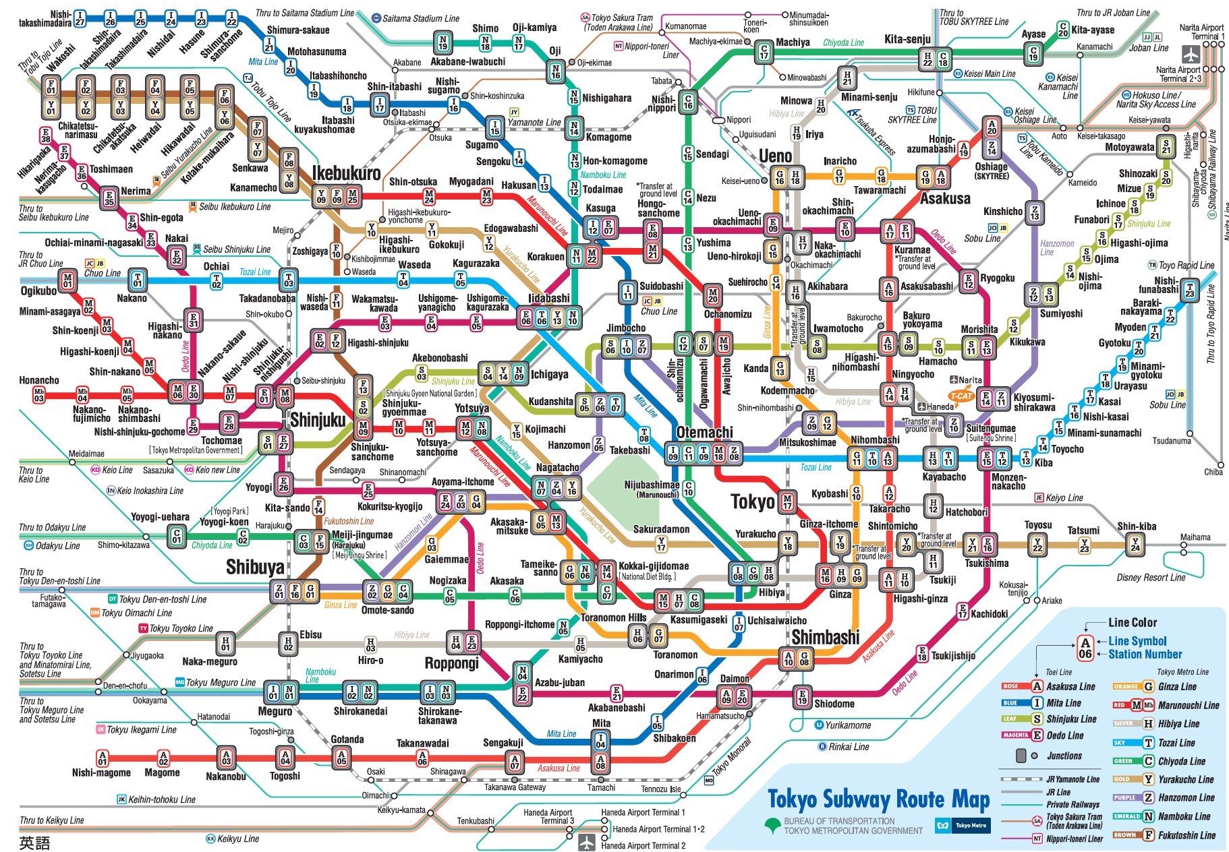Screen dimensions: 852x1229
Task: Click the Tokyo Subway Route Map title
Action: [x=878, y=800]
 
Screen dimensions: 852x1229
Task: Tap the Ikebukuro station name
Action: [x=346, y=173]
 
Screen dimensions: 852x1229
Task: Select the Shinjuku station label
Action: [x=318, y=421]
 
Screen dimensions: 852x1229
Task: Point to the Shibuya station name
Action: [x=255, y=568]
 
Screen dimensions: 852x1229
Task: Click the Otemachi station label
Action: [x=704, y=432]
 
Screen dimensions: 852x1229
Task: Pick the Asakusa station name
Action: [x=945, y=199]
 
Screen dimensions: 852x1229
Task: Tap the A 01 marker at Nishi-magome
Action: [x=102, y=758]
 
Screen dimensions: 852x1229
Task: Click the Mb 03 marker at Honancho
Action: [x=38, y=395]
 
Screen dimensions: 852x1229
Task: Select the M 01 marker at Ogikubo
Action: [x=67, y=279]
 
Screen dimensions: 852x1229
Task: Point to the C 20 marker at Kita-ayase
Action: [x=1063, y=30]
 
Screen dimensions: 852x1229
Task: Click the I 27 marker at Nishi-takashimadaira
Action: [x=80, y=18]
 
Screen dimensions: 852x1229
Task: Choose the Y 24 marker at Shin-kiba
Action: [x=1135, y=543]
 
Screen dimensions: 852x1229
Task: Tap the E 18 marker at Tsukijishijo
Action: [x=921, y=653]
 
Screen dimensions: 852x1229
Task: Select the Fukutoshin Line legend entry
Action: [x=1187, y=835]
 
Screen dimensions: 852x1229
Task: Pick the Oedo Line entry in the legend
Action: [x=1065, y=735]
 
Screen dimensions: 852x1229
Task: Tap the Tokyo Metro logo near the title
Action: [x=962, y=825]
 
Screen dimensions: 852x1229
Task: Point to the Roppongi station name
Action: [x=451, y=663]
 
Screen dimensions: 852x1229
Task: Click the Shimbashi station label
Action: [x=825, y=637]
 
